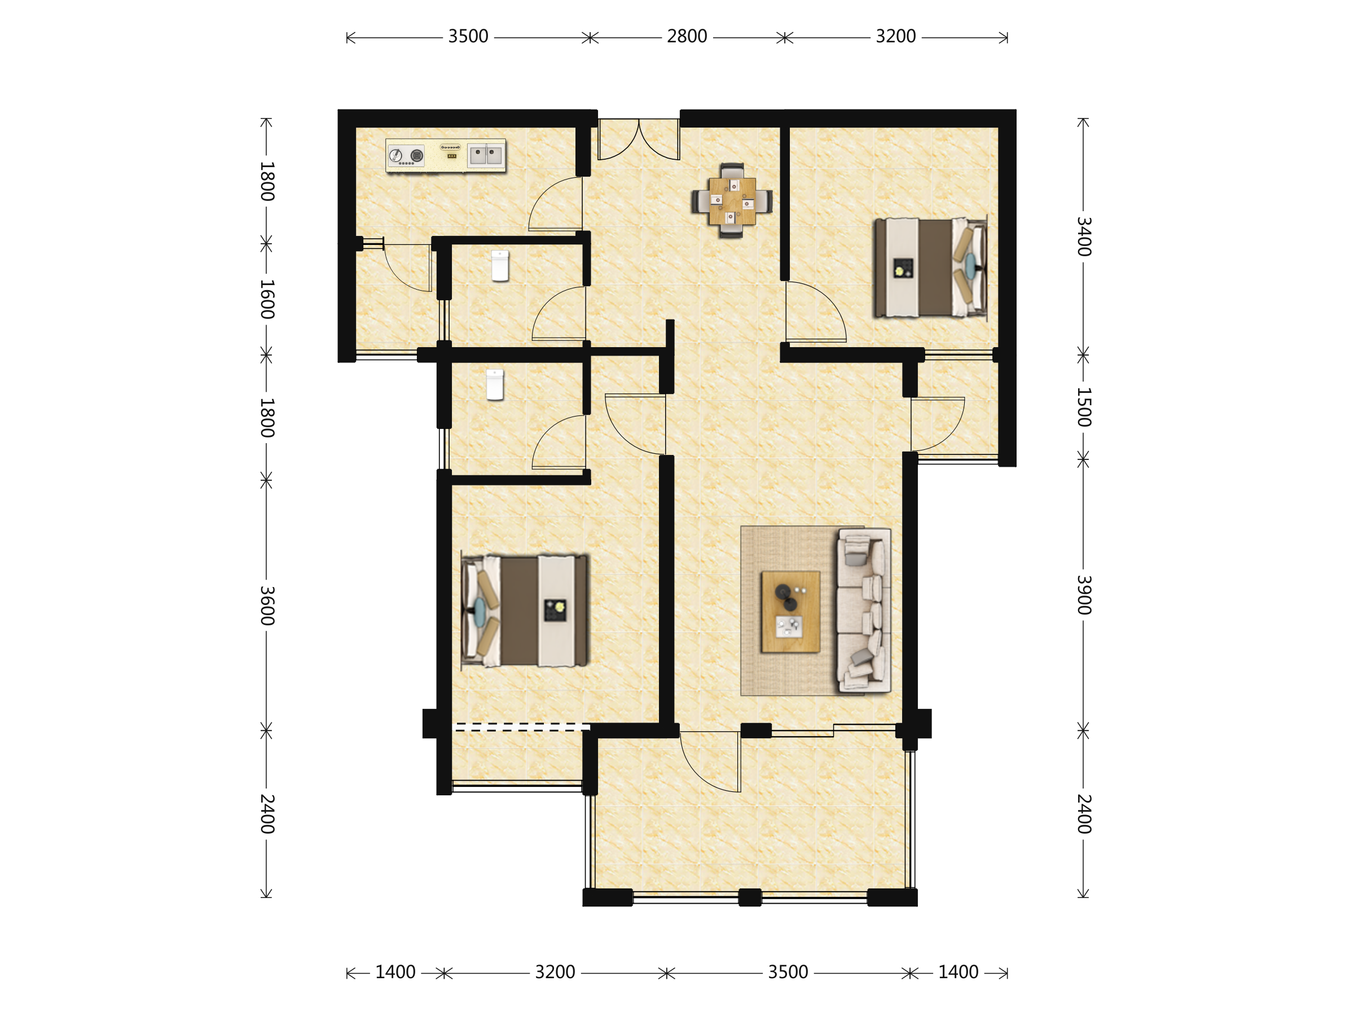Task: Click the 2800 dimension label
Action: click(x=687, y=37)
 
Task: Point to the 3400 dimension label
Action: click(x=1083, y=237)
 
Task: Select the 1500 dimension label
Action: click(x=1083, y=408)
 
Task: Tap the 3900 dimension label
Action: click(x=1083, y=595)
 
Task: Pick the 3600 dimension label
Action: click(x=267, y=606)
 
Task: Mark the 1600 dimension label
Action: click(x=267, y=300)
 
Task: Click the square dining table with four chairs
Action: click(x=732, y=200)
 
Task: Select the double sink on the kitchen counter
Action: click(x=485, y=155)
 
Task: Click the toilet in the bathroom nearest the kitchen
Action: click(x=500, y=266)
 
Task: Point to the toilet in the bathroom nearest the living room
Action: click(x=495, y=384)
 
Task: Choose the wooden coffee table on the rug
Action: click(x=790, y=612)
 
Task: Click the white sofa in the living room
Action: click(x=864, y=611)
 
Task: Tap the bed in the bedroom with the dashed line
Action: click(x=525, y=611)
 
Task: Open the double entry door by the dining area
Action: click(x=639, y=139)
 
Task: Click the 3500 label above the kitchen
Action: click(x=468, y=37)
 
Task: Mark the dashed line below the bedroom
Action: click(x=521, y=727)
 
